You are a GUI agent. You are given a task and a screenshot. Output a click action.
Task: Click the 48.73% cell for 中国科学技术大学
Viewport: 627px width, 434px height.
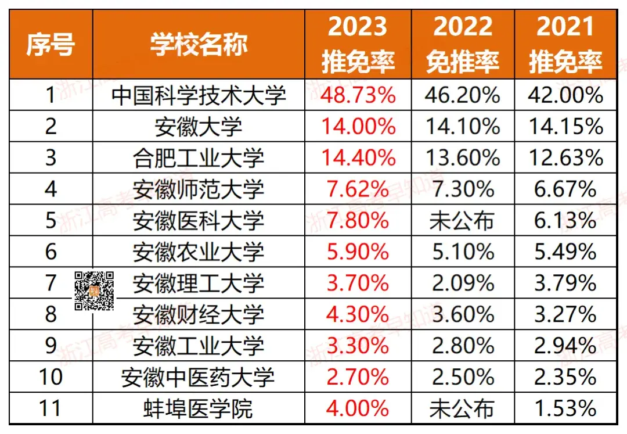[358, 95]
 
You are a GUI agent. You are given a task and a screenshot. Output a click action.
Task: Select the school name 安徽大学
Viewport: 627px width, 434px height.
[199, 127]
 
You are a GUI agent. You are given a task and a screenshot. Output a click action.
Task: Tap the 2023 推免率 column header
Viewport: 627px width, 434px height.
[358, 44]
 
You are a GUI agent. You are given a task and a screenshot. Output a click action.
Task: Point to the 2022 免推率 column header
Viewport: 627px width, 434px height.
[463, 44]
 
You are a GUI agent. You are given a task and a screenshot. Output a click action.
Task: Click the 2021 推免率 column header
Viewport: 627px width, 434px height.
[565, 44]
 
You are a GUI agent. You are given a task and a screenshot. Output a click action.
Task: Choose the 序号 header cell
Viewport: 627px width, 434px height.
[51, 44]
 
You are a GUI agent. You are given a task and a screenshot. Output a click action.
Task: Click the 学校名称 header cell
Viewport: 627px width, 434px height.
[199, 44]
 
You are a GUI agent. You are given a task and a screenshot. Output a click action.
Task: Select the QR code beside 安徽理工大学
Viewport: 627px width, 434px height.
[94, 290]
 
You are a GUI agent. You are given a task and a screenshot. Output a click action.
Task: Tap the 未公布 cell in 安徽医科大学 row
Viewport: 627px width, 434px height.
[463, 221]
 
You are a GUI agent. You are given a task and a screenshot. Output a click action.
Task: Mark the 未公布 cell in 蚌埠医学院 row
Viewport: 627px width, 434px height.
[463, 409]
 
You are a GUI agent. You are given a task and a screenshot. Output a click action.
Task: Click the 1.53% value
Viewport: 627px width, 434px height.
[565, 409]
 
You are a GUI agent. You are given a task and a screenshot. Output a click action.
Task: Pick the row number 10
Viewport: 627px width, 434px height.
[51, 378]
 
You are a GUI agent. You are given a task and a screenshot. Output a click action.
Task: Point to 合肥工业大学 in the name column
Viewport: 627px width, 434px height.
[199, 158]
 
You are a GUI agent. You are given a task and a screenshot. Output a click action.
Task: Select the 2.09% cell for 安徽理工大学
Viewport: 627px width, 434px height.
[463, 284]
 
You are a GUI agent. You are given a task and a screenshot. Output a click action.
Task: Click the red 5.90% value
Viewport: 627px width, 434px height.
[358, 252]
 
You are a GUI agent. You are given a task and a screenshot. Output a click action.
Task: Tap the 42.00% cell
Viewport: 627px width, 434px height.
[565, 95]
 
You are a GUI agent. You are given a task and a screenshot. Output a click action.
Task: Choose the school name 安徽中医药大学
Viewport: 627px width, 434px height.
[199, 378]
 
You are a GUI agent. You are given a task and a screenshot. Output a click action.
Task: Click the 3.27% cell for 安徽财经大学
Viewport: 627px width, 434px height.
[565, 315]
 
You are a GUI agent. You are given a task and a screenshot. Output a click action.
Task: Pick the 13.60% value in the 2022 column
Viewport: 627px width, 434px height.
[463, 158]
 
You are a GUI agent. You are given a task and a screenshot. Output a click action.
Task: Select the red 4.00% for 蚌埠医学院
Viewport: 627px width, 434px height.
[358, 409]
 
